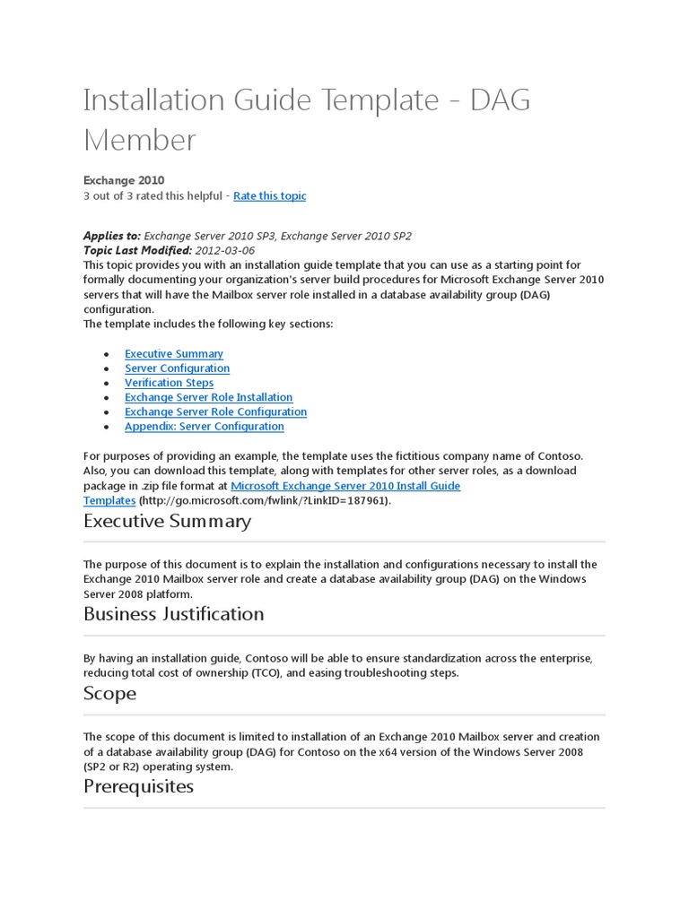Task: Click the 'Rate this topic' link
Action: (269, 195)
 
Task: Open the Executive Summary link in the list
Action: (174, 354)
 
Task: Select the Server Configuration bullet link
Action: (177, 368)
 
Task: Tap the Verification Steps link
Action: (169, 383)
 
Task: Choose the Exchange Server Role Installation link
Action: (208, 397)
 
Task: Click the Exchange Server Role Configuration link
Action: (215, 411)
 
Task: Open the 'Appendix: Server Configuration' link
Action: (204, 426)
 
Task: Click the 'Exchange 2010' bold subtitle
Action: (124, 181)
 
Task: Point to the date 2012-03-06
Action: (224, 250)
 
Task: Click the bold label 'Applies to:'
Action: (111, 236)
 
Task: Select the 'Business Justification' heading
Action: (173, 614)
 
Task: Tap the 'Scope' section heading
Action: (109, 693)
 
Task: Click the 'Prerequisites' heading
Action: (138, 786)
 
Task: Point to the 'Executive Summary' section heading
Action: (167, 521)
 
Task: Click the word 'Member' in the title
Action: (139, 140)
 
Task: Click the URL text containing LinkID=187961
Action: (265, 500)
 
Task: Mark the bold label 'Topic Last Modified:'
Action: (137, 250)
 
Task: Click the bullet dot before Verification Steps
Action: (107, 384)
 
